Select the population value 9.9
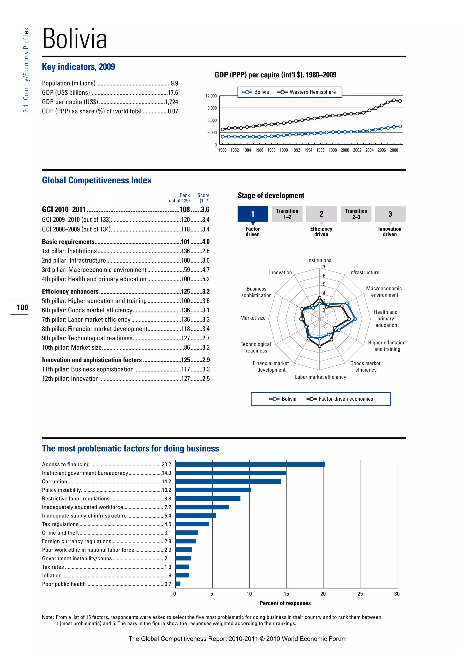click(174, 83)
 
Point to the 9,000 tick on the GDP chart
click(212, 108)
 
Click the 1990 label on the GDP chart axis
click(283, 150)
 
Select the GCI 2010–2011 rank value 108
click(185, 210)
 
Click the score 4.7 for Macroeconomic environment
click(206, 270)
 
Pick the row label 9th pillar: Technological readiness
click(87, 338)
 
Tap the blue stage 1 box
click(253, 214)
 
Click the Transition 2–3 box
click(356, 214)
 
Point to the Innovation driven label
click(389, 231)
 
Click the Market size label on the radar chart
click(253, 318)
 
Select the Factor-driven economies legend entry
click(345, 399)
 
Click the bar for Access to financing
click(250, 464)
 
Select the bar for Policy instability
click(213, 490)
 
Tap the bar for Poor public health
click(178, 584)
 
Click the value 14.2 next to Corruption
click(166, 481)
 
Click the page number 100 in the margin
click(22, 307)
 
